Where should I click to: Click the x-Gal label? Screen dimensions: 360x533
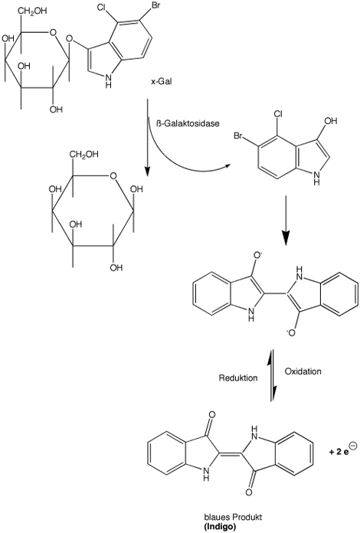tap(162, 82)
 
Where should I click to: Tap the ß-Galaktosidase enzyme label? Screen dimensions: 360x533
tap(188, 123)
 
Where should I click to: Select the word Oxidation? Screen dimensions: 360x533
tap(303, 371)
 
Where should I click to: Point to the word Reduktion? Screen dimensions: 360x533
tap(238, 378)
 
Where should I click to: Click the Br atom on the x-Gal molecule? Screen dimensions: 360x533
tap(155, 7)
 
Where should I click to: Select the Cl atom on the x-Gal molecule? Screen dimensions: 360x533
tap(102, 7)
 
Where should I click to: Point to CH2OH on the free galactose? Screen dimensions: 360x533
tap(84, 155)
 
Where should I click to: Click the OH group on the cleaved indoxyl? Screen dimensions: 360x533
tap(330, 121)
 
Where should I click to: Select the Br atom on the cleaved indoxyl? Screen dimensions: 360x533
tap(238, 136)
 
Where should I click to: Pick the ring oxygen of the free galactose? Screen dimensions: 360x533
tap(113, 175)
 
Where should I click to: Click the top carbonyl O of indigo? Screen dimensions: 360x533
tap(212, 415)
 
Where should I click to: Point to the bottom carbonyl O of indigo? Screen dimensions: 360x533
tap(248, 492)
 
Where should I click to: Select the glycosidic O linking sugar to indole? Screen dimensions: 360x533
tap(70, 39)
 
